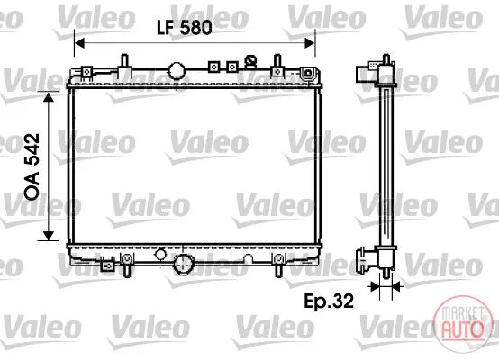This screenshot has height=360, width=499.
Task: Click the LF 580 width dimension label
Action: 185,27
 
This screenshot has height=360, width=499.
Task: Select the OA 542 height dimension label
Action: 32,166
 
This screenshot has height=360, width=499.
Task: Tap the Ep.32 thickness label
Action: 329,301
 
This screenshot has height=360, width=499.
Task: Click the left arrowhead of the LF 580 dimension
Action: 79,43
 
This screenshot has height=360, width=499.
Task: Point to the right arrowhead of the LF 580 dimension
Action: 310,43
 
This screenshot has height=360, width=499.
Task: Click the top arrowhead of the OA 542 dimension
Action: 49,97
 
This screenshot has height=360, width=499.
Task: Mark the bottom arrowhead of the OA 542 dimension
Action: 49,236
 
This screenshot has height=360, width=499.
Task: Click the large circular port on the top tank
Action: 177,71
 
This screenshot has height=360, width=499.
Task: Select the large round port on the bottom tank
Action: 183,264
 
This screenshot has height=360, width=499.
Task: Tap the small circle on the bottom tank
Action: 160,254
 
